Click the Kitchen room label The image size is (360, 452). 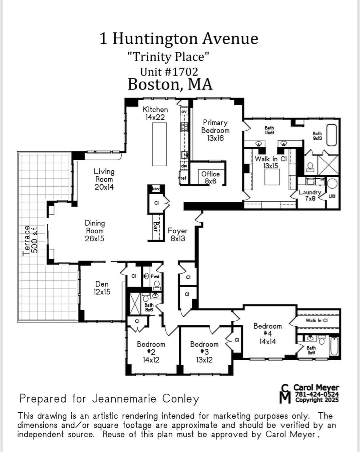click(x=155, y=109)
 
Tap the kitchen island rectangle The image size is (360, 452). click(x=159, y=144)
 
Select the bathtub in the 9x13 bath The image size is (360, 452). click(x=332, y=135)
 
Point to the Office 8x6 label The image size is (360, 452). click(x=210, y=177)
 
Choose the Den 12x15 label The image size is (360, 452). click(x=102, y=288)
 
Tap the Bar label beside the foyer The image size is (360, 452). click(x=156, y=227)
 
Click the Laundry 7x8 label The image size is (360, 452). click(x=310, y=195)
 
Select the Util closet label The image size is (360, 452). click(x=332, y=196)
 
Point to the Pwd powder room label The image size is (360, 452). click(x=155, y=276)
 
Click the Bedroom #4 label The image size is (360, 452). click(x=267, y=330)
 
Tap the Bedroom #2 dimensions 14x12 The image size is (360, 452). click(x=151, y=360)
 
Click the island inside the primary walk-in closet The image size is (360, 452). click(x=272, y=177)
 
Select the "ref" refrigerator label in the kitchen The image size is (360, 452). click(x=183, y=178)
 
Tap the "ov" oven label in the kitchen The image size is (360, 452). click(x=184, y=111)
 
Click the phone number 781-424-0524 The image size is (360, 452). click(x=317, y=394)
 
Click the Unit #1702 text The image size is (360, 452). click(x=169, y=72)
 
